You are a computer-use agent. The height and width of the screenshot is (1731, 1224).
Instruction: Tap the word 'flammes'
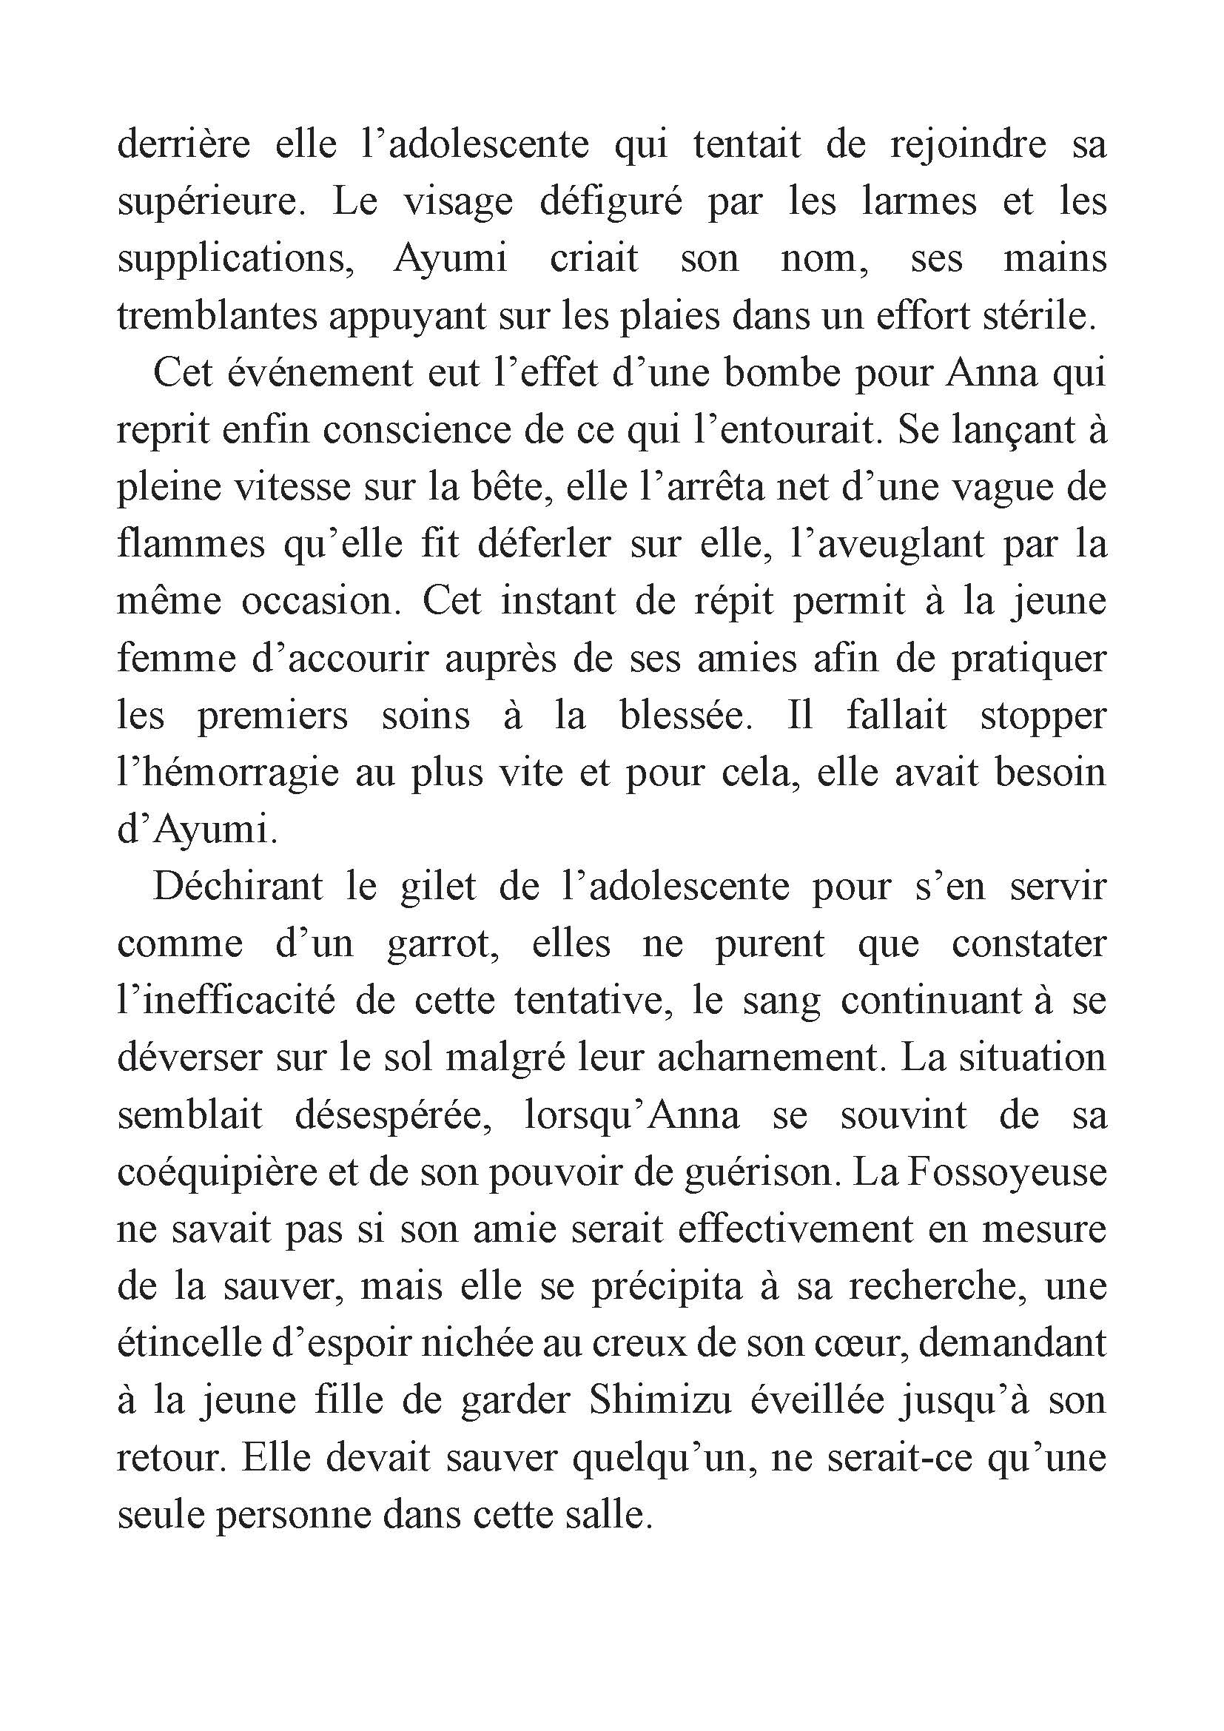191,544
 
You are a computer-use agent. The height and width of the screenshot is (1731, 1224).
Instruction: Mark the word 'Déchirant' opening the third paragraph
238,886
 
